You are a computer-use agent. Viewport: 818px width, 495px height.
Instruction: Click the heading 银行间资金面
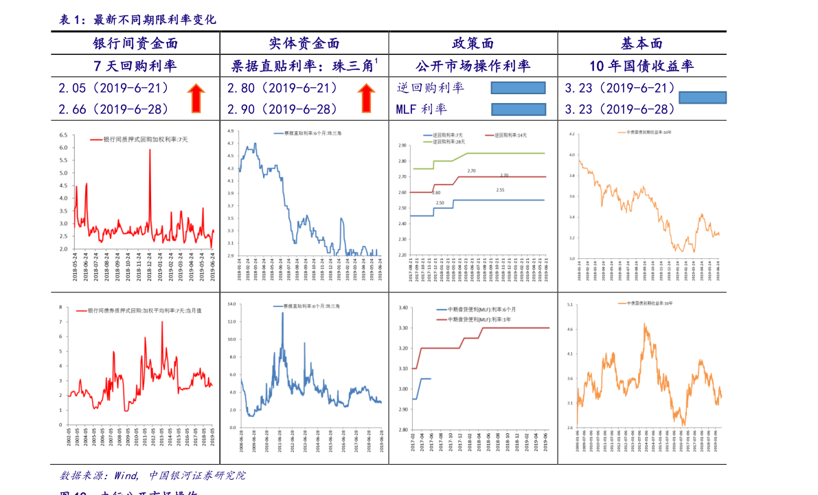tap(135, 44)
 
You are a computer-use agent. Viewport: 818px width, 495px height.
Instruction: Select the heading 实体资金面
tap(304, 44)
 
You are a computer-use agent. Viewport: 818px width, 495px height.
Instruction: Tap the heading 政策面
tap(473, 44)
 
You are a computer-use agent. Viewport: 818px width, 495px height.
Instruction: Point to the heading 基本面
tap(641, 44)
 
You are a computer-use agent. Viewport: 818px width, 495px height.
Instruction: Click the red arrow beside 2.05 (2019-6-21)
tap(196, 98)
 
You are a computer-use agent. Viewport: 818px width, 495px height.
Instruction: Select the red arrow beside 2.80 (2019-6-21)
tap(366, 98)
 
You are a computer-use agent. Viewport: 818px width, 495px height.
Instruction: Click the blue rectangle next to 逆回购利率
tap(518, 87)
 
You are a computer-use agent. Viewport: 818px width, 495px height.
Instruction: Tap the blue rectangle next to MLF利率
tap(519, 109)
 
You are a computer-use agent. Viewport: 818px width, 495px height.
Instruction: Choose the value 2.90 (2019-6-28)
tap(282, 109)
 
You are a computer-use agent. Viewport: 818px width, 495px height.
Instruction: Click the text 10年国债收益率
tap(641, 66)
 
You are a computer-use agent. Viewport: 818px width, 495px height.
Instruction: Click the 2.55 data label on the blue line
tap(500, 190)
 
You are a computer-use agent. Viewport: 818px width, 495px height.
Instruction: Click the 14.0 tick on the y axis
tap(231, 303)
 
